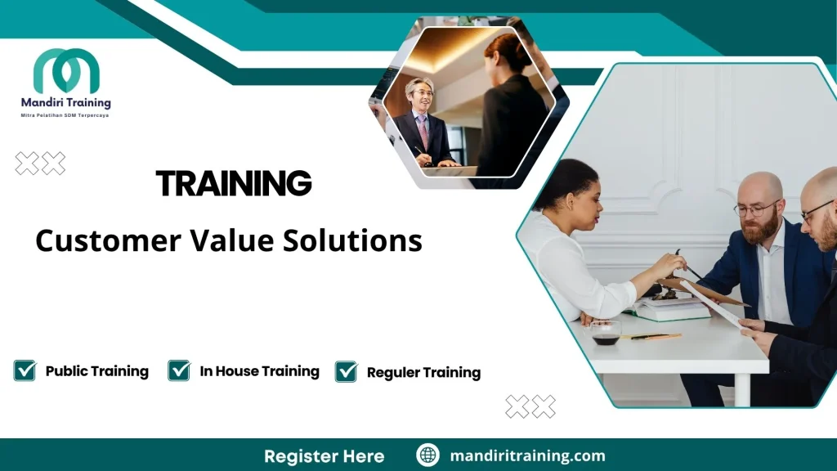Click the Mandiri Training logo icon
[x=66, y=71]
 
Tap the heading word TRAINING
[x=234, y=184]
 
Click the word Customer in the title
[x=108, y=241]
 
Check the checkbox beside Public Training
[x=25, y=370]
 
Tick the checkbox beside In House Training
[x=179, y=370]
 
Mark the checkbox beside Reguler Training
[x=347, y=372]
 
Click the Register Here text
[x=324, y=456]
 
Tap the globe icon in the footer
[x=427, y=455]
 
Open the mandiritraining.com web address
[x=527, y=456]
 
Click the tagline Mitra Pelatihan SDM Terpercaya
[x=65, y=116]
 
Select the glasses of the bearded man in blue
[x=755, y=209]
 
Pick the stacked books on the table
[x=672, y=308]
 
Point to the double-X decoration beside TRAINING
[x=40, y=164]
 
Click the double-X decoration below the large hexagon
[x=530, y=406]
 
